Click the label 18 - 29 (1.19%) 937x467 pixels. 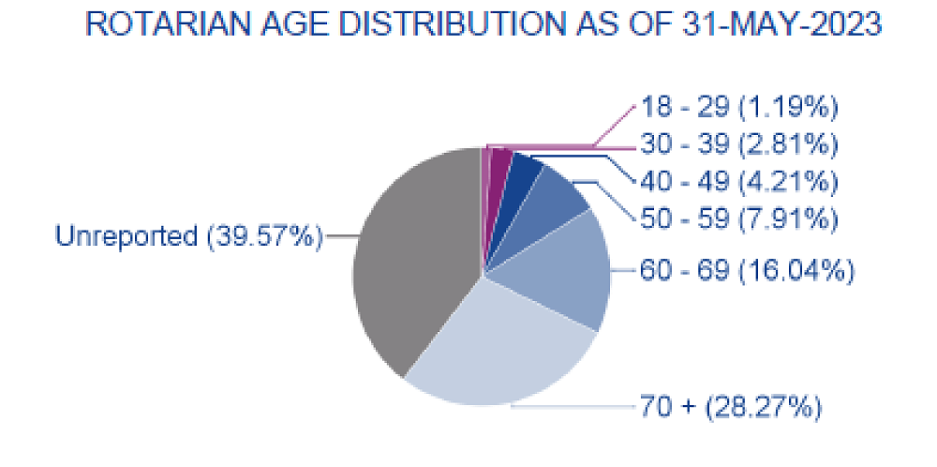tap(738, 108)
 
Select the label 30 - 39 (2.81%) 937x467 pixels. tap(738, 144)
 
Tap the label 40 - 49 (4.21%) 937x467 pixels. tap(738, 181)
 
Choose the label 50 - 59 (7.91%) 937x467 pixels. tap(738, 218)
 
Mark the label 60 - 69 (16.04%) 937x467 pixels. tap(747, 271)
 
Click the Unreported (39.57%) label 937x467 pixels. tap(188, 236)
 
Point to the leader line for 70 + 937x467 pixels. tap(572, 406)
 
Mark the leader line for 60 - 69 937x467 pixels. tap(624, 271)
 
